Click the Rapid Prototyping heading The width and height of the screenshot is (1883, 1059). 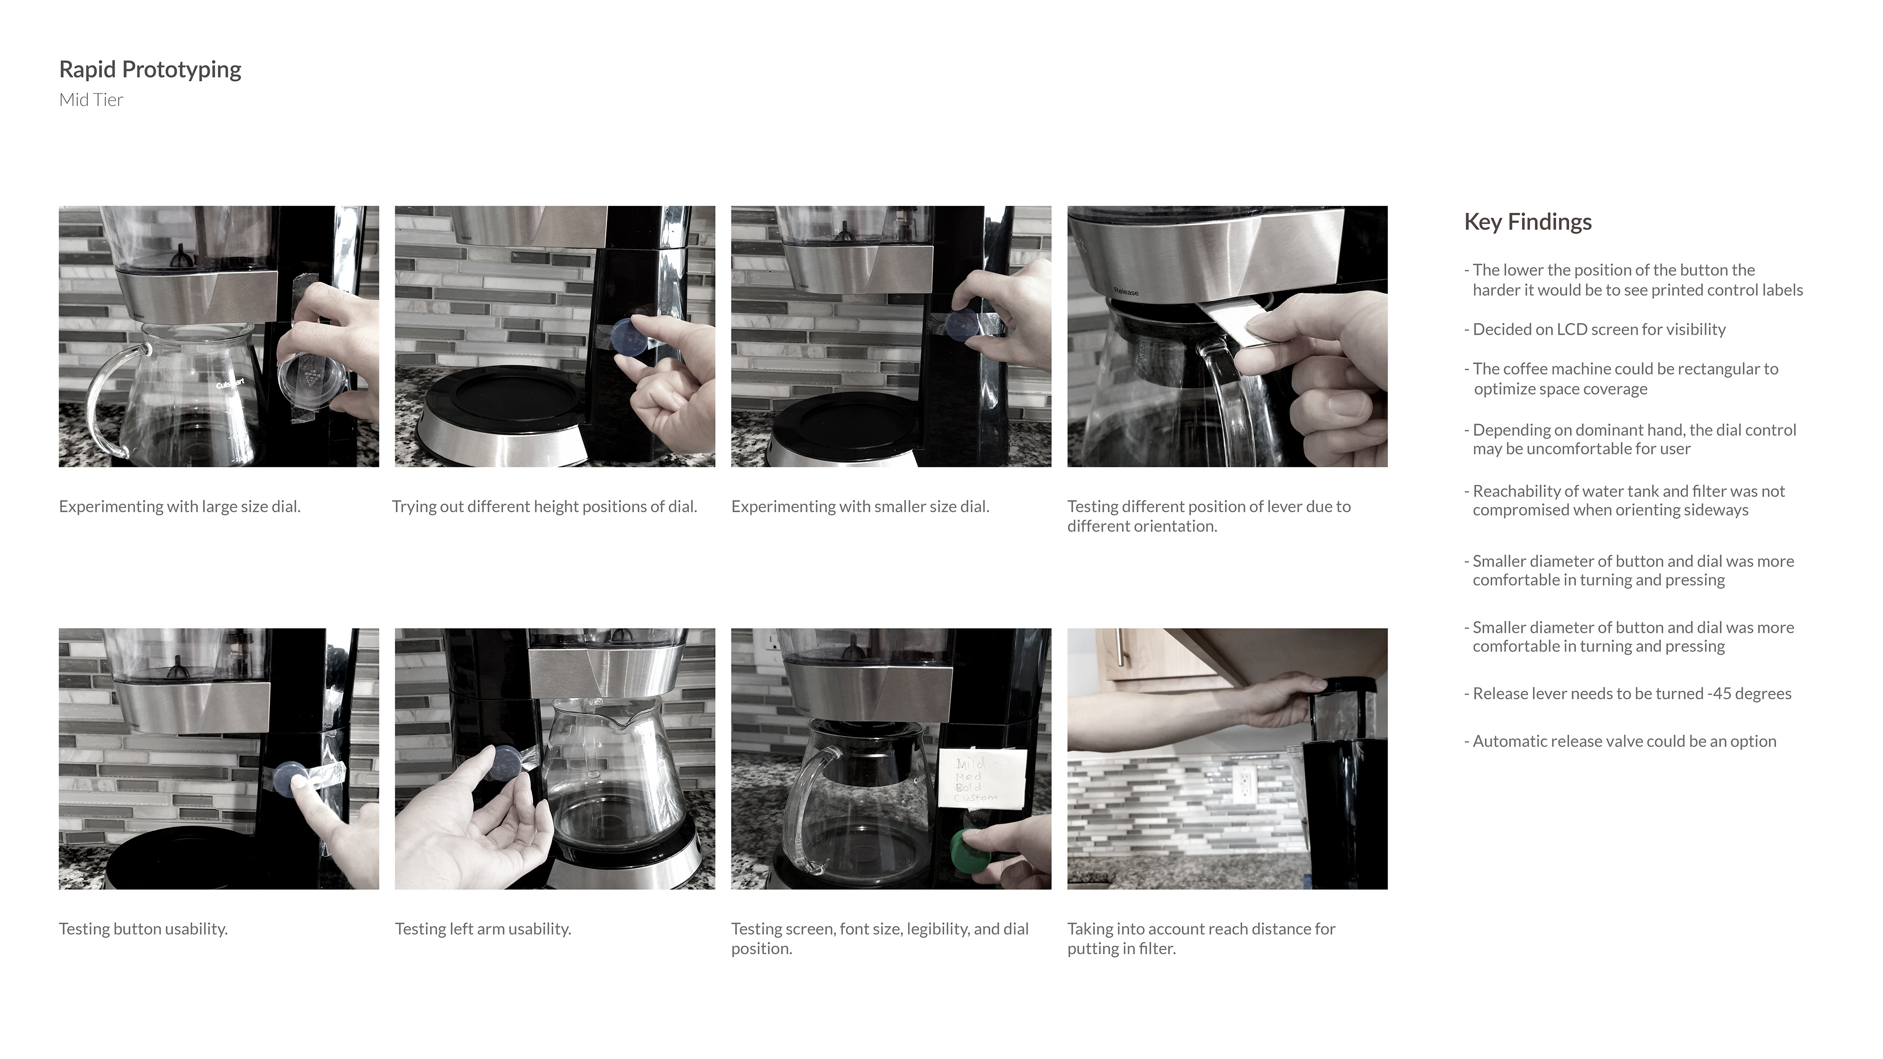click(x=150, y=70)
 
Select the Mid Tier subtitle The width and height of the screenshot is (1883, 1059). click(x=91, y=100)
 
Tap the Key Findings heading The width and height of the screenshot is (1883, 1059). click(x=1528, y=222)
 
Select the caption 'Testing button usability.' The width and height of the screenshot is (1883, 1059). click(x=143, y=929)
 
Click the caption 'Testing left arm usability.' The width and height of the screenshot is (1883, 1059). click(x=483, y=929)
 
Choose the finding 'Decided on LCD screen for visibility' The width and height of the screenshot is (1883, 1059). click(x=1595, y=329)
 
